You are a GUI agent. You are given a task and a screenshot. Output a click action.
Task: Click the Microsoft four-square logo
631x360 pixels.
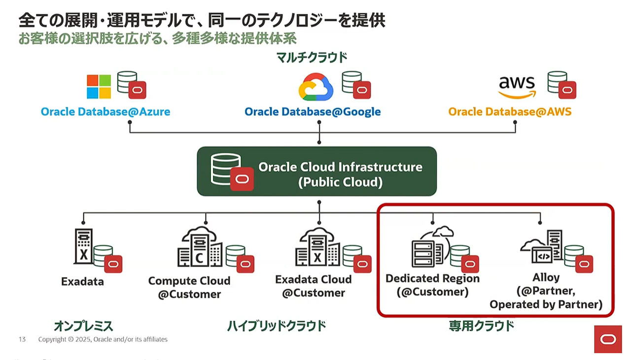(x=99, y=87)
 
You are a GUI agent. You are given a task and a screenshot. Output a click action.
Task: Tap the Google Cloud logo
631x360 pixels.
(x=316, y=87)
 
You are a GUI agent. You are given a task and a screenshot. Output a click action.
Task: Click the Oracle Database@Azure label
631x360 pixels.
(x=105, y=111)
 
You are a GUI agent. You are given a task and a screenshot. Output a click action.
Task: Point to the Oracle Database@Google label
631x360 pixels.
(x=313, y=111)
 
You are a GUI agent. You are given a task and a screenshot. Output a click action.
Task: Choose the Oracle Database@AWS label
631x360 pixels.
(x=510, y=111)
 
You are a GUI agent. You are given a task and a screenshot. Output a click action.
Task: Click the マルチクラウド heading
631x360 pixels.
(x=312, y=58)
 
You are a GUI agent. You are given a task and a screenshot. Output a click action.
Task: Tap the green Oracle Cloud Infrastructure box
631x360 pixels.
(x=316, y=171)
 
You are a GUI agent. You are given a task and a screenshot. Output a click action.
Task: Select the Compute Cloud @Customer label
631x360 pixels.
(x=189, y=288)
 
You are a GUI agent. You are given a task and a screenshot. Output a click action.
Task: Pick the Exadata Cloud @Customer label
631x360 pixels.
(x=314, y=286)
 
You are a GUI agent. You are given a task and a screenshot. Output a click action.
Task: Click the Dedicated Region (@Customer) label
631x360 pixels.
(x=432, y=285)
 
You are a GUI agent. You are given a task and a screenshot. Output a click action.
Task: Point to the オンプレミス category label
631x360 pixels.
(x=83, y=326)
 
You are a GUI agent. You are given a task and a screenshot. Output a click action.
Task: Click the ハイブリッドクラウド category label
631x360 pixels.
(x=277, y=326)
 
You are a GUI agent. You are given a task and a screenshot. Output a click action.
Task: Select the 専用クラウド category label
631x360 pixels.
(x=481, y=326)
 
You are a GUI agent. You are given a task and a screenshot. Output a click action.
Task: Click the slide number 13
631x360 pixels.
(x=22, y=339)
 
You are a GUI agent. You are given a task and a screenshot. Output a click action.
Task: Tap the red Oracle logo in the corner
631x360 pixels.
(x=608, y=339)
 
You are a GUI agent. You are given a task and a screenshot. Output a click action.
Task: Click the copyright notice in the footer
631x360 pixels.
(x=103, y=339)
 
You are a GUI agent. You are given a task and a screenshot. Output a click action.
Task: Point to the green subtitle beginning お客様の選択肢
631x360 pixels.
(x=157, y=39)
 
